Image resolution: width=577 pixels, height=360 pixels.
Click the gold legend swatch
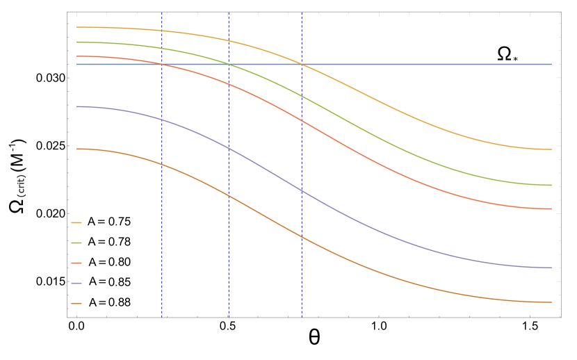[76, 223]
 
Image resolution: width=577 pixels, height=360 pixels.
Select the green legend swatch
[76, 243]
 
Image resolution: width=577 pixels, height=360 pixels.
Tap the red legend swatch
[76, 263]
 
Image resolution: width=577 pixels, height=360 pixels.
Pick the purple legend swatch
[76, 284]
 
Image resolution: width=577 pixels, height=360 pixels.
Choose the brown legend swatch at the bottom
[76, 304]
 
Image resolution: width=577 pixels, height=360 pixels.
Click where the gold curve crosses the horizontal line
[302, 64]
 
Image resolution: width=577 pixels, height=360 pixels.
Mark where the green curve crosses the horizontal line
[229, 64]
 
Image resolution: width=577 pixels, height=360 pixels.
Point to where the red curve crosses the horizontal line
[162, 64]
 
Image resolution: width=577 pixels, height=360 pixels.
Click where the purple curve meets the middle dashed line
[229, 148]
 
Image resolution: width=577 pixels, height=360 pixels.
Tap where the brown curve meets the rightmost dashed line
[302, 237]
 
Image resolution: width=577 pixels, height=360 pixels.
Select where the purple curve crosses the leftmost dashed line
[162, 120]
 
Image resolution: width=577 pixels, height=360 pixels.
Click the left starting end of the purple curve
[76, 106]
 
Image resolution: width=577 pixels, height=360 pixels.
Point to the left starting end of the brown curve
[76, 149]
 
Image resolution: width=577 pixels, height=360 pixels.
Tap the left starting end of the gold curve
[76, 27]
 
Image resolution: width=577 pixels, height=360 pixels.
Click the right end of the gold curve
[551, 149]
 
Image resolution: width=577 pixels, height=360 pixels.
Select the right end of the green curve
[551, 186]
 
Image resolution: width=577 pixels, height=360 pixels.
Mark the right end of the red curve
[551, 209]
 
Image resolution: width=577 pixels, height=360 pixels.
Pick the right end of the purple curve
[551, 268]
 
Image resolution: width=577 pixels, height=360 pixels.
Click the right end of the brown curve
[551, 302]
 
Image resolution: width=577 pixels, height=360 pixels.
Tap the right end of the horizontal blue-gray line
[551, 64]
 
